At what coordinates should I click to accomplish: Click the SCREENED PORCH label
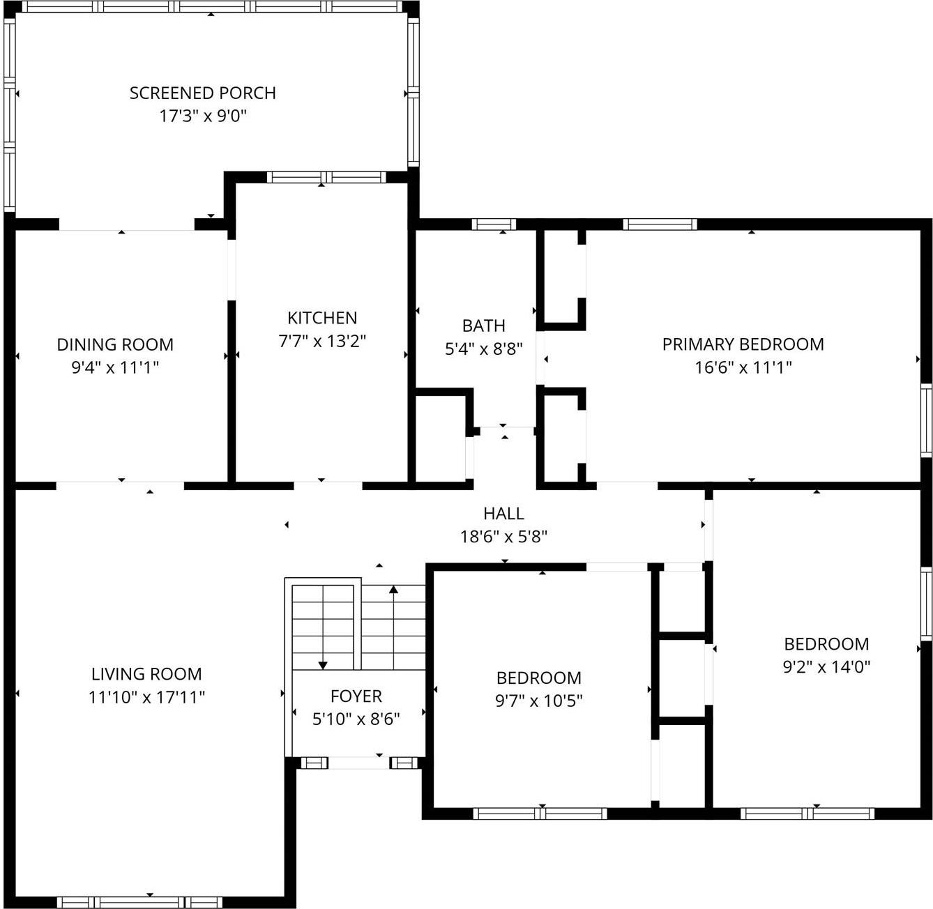click(x=202, y=93)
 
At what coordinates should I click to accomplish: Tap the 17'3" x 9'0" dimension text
click(x=203, y=116)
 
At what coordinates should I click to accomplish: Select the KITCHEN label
click(x=322, y=318)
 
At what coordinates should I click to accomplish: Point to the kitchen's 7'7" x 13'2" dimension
click(x=322, y=341)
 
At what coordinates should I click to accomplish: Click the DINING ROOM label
click(x=115, y=344)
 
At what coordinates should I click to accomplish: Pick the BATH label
click(x=484, y=326)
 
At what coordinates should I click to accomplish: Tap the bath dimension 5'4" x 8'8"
click(x=484, y=349)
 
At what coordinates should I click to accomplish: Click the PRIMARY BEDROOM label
click(x=743, y=344)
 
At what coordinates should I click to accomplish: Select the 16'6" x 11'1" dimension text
click(x=743, y=367)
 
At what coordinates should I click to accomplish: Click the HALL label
click(x=503, y=514)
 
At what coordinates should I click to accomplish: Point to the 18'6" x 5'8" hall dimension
click(x=503, y=537)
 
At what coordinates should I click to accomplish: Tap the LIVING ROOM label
click(x=146, y=674)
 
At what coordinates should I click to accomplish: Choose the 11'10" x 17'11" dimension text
click(x=146, y=697)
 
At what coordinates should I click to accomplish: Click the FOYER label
click(x=356, y=696)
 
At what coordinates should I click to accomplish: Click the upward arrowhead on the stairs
click(x=393, y=590)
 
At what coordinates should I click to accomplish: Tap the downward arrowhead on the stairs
click(x=323, y=665)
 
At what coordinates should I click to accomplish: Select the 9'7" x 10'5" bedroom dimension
click(x=539, y=701)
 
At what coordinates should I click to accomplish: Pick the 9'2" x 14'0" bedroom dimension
click(x=826, y=666)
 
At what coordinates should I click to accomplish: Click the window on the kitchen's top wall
click(x=326, y=177)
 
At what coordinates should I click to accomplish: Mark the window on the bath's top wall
click(x=494, y=224)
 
